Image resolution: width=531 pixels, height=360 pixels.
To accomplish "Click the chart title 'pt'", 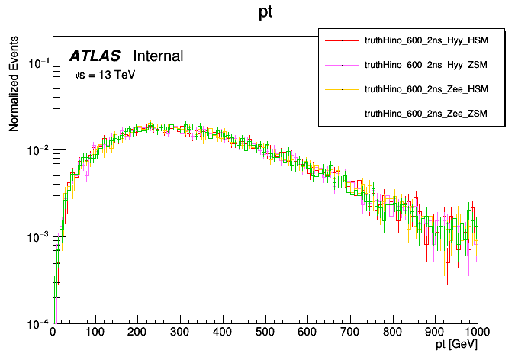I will click(x=265, y=13).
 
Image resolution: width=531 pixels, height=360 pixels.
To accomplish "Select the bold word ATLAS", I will click(x=95, y=56).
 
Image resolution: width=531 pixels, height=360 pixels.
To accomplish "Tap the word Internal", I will click(x=158, y=56).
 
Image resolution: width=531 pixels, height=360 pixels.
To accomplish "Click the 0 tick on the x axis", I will click(x=53, y=333).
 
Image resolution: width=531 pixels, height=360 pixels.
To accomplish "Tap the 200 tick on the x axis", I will click(x=137, y=333).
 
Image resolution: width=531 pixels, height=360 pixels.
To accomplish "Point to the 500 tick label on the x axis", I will click(x=265, y=333).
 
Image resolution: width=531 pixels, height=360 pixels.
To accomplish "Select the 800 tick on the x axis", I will click(x=392, y=333).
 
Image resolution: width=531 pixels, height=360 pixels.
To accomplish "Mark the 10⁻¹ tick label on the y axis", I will click(x=38, y=63).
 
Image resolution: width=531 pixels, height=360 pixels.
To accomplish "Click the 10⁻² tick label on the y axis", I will click(x=38, y=150).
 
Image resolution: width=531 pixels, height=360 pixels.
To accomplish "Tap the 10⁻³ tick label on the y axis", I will click(x=38, y=237).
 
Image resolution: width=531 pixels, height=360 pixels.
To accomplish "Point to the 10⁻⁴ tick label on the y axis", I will click(x=38, y=323).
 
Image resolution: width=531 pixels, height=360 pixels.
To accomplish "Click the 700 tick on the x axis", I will click(x=350, y=333).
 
